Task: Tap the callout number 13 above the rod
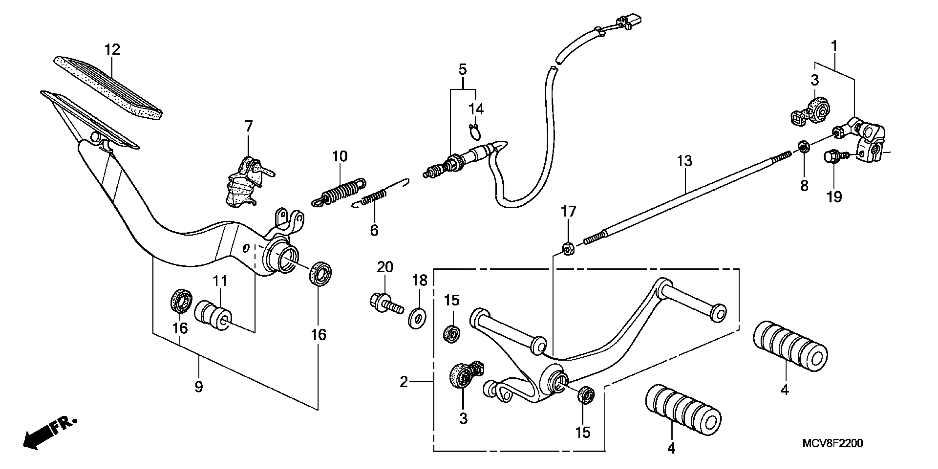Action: click(685, 161)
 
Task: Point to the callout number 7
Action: click(248, 126)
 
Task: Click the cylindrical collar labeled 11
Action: click(213, 315)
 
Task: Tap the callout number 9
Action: click(198, 387)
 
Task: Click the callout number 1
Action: click(834, 46)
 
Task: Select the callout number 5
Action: click(463, 69)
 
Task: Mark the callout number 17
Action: click(568, 212)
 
